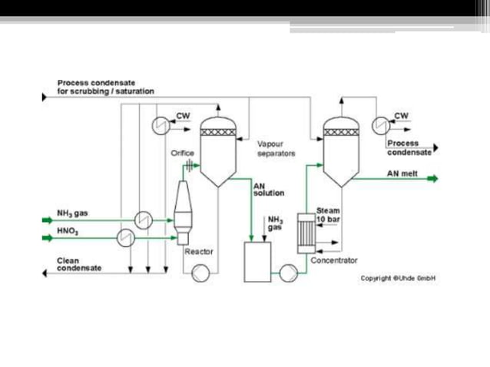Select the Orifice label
coord(183,154)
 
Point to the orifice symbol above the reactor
coord(188,167)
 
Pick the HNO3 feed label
coord(68,230)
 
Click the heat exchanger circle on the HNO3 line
coord(123,239)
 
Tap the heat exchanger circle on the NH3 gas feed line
coord(142,220)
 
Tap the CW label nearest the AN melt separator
coord(401,116)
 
